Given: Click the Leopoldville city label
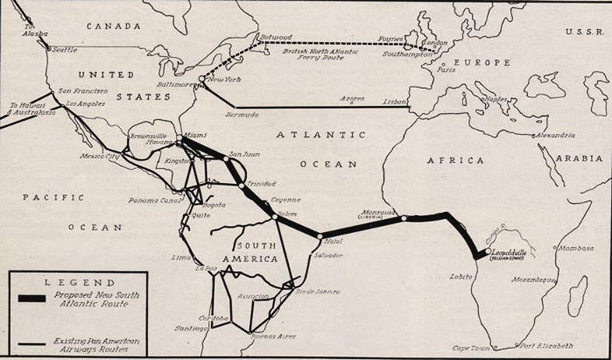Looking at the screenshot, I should tap(511, 253).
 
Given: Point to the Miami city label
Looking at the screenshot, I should tap(195, 135).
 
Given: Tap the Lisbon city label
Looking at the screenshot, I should tap(396, 102).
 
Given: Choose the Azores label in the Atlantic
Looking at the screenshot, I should tap(353, 98).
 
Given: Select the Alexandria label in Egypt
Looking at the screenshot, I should tap(554, 136).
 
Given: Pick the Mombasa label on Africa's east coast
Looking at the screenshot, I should tap(575, 249).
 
